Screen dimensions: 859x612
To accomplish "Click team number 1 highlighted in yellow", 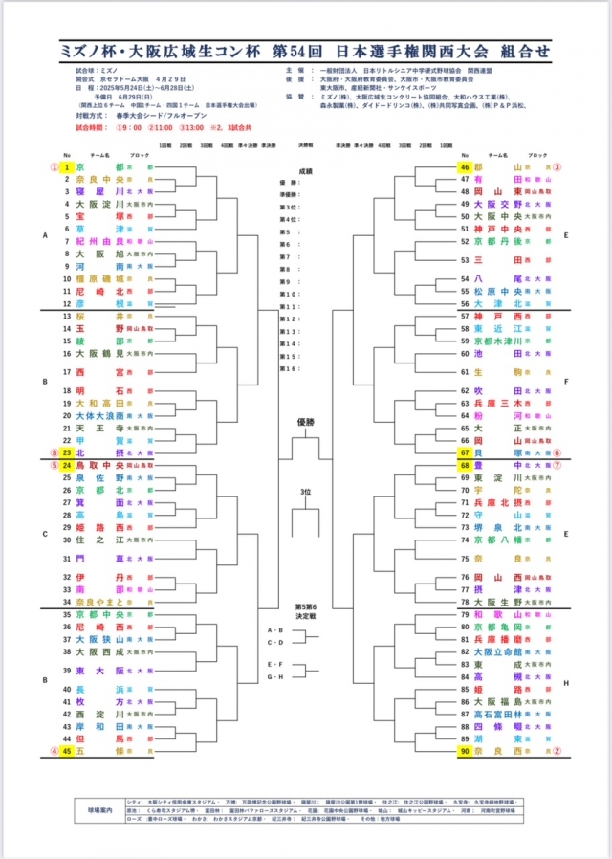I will [x=67, y=165].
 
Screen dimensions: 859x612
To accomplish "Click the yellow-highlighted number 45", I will [x=67, y=752].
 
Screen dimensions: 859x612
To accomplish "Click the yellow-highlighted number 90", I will [x=465, y=752].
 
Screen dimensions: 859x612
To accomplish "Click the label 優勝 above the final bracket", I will [x=306, y=421].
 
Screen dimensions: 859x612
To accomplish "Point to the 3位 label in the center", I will [x=306, y=492].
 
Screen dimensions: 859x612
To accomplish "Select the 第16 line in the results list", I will [x=290, y=368].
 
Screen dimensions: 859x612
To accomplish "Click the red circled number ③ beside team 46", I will [x=557, y=165].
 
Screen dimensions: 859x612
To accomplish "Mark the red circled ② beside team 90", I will [x=557, y=752].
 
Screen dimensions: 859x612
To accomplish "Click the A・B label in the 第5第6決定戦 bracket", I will [x=275, y=630].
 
